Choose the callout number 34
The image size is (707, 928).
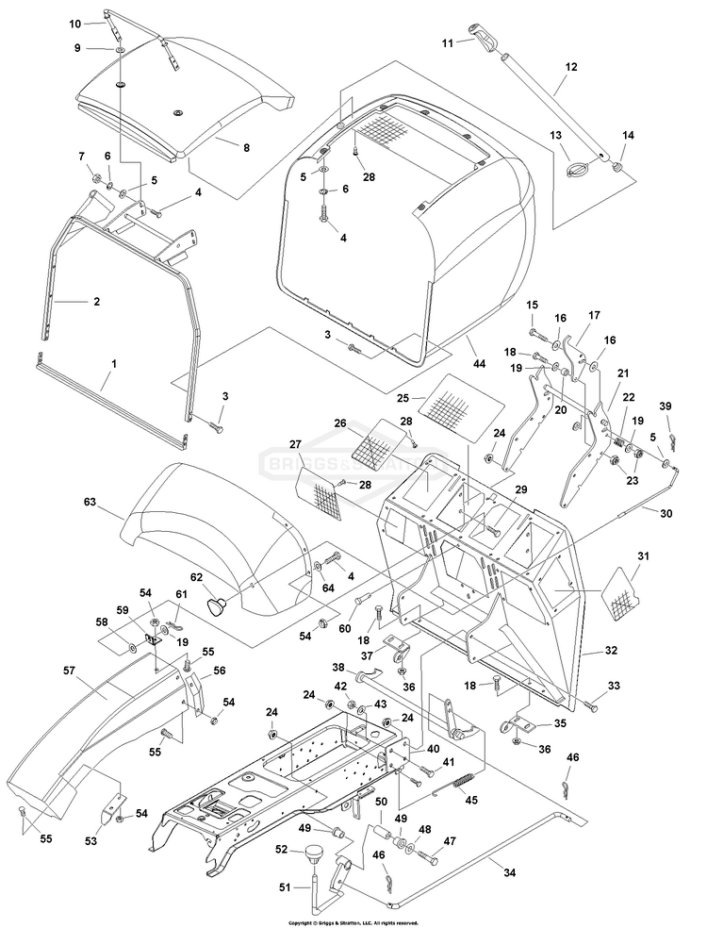click(509, 872)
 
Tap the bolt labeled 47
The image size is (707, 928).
click(430, 858)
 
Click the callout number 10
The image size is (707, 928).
click(75, 21)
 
